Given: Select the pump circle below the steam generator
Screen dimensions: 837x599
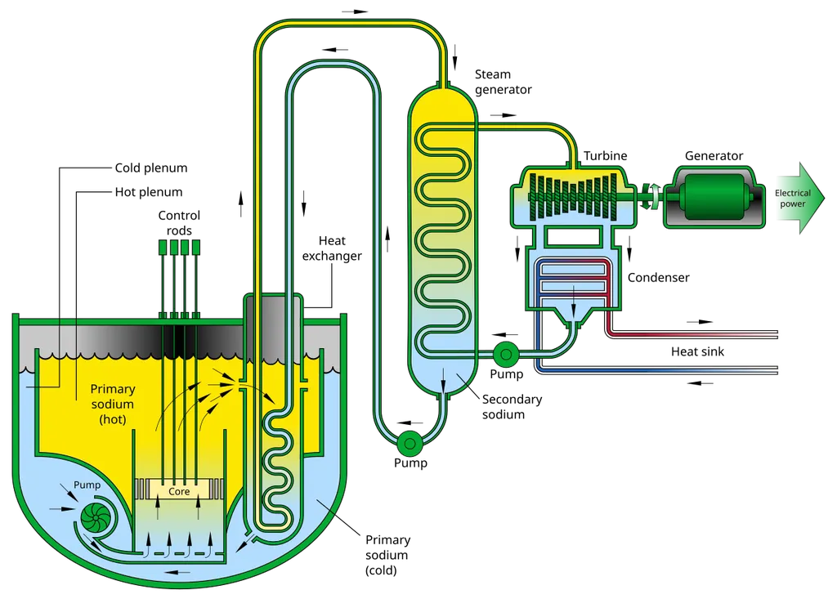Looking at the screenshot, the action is coord(410,443).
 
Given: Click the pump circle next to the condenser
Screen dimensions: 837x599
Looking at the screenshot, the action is coord(505,353).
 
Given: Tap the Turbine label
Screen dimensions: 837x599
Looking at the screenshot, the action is coord(605,155).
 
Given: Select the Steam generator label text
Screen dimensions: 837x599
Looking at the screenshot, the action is coord(503,82).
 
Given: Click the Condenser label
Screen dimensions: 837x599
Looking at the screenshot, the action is coord(658,277).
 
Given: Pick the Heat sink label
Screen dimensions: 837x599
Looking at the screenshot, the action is coord(697,351).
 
